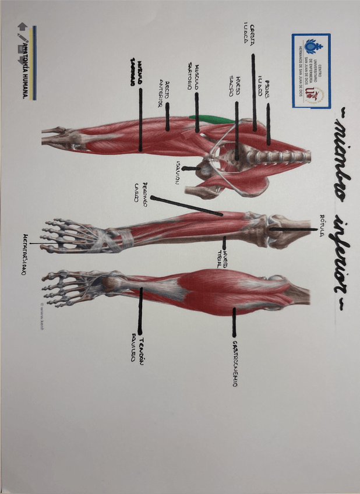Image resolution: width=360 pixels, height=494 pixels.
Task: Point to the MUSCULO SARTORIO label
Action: pyautogui.click(x=193, y=76)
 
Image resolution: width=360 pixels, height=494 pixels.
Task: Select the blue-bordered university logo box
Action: pyautogui.click(x=310, y=70)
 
